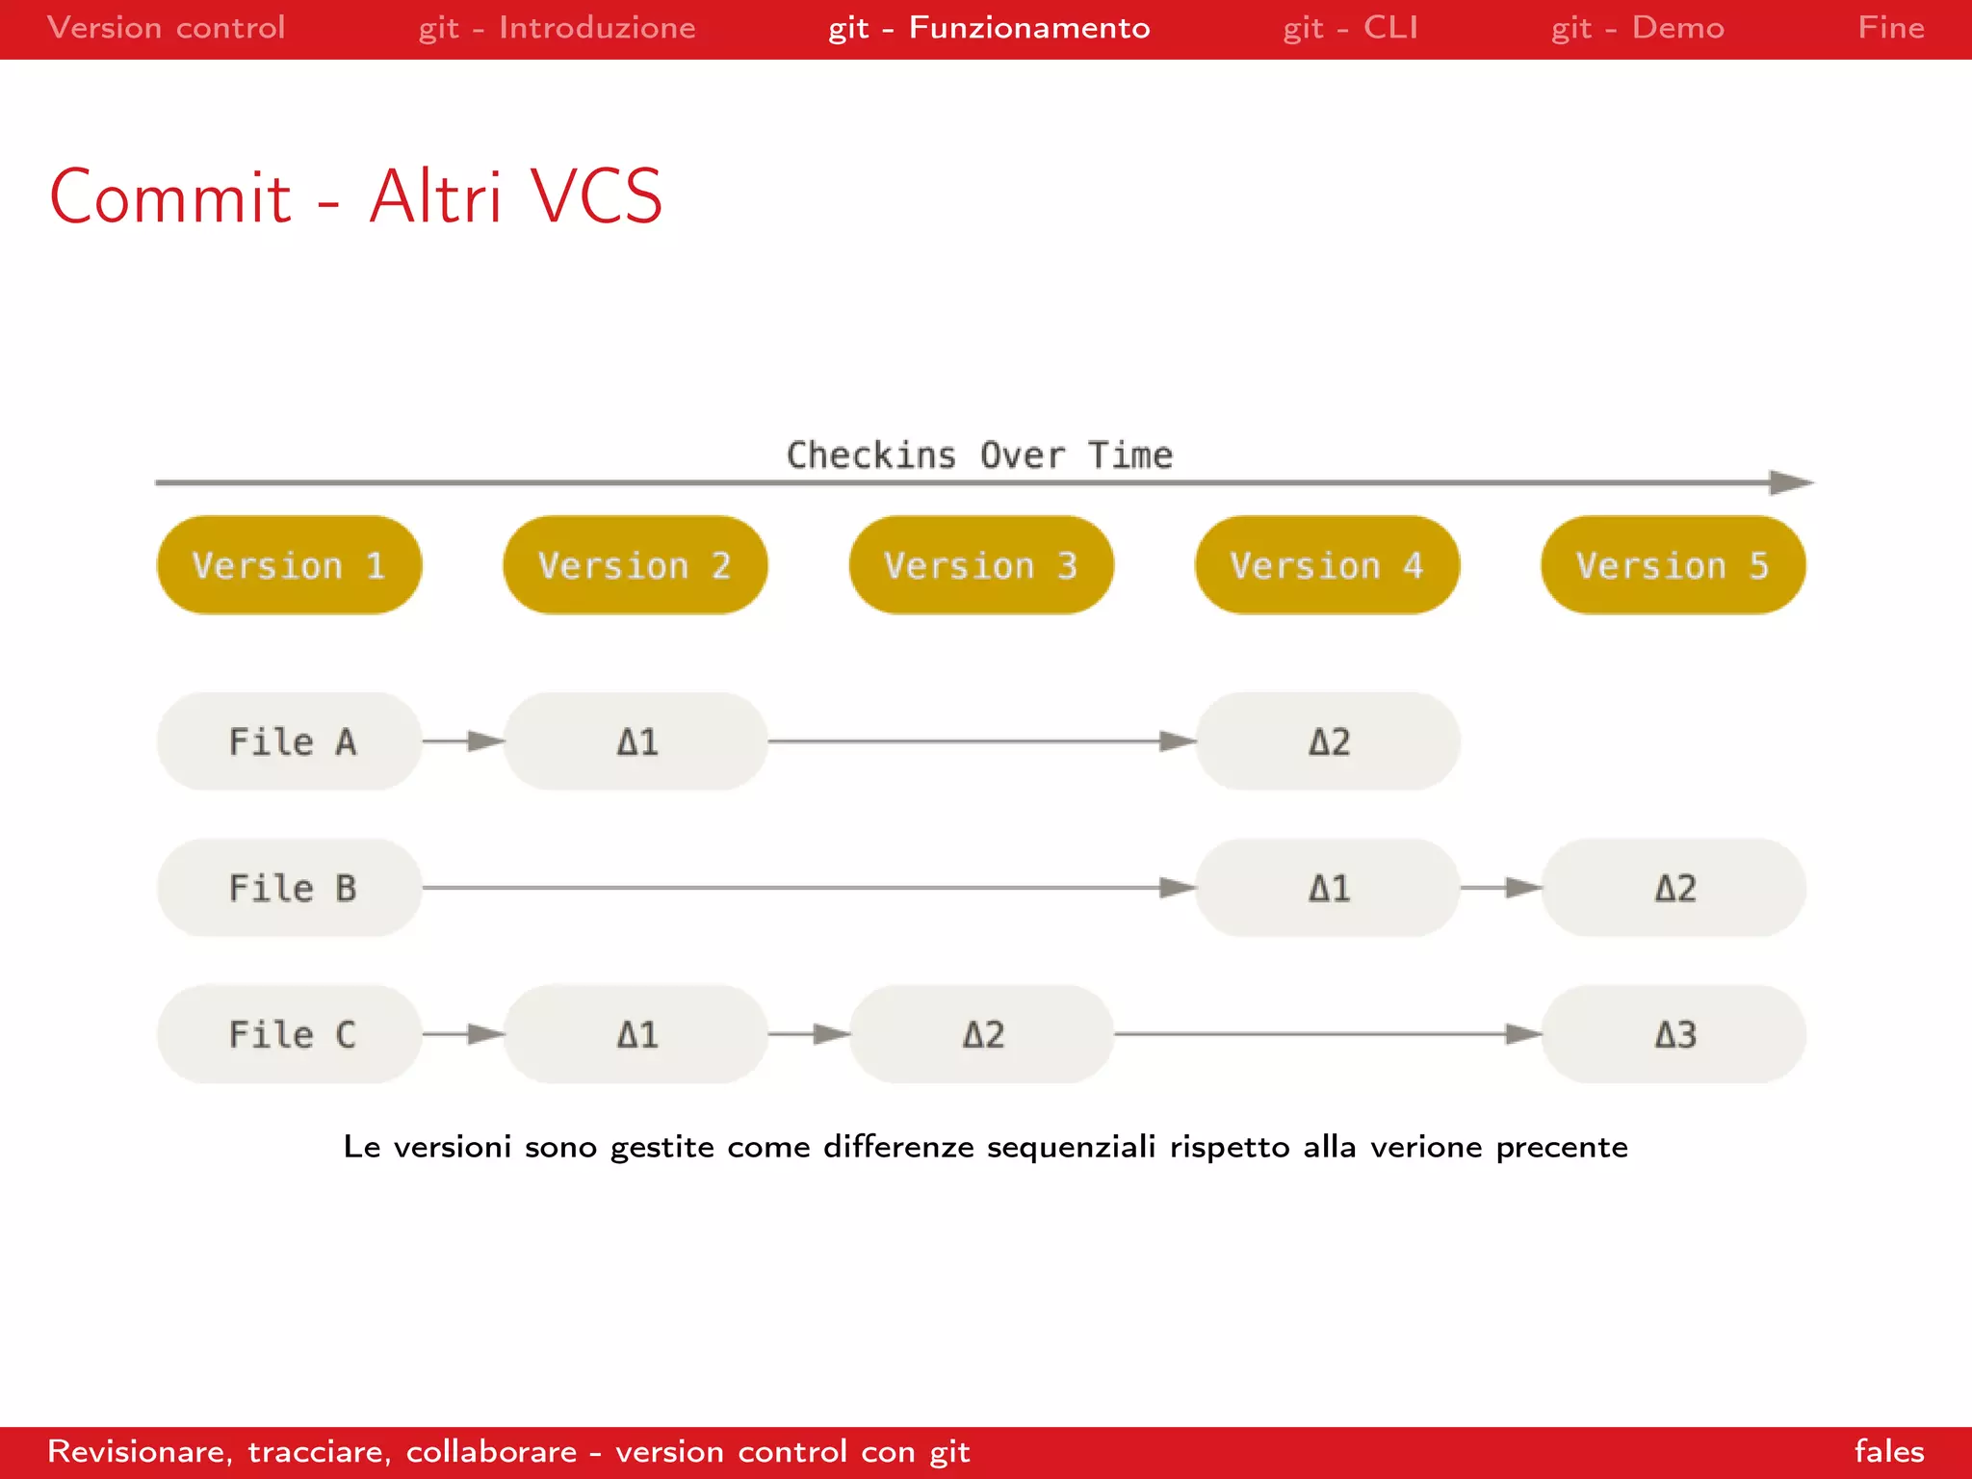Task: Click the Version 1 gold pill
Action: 289,565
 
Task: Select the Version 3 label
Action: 980,565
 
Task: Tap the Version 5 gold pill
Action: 1673,565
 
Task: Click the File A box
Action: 289,741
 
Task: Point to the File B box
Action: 289,888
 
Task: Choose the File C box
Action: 289,1034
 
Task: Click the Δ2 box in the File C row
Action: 981,1034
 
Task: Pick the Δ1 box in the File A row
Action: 636,741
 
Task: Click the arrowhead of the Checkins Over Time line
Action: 1791,482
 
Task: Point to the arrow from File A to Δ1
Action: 463,741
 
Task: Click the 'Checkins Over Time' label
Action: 979,454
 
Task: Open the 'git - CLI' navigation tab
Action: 1350,28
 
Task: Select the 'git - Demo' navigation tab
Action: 1637,28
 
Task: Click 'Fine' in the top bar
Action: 1890,28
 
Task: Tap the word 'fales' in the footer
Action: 1888,1451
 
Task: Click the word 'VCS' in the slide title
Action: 596,197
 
